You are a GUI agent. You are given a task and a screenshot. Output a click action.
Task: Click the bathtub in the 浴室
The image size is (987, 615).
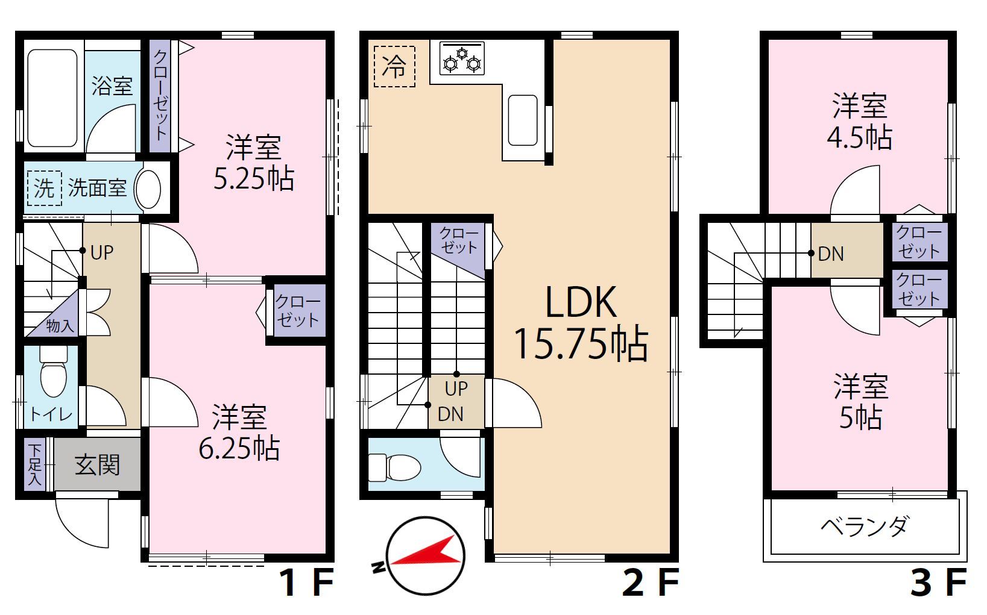(x=52, y=98)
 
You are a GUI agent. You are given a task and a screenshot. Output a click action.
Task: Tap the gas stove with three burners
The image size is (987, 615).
(x=462, y=58)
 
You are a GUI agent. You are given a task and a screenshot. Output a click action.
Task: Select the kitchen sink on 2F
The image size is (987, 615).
(x=523, y=120)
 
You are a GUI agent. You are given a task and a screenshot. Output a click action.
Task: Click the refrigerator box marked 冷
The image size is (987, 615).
(x=394, y=66)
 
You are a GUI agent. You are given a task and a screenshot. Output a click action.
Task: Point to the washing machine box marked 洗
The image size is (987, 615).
(x=44, y=189)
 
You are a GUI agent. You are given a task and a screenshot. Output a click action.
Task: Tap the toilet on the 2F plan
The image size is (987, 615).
(x=394, y=467)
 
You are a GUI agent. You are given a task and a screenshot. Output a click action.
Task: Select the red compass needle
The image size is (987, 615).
(x=425, y=552)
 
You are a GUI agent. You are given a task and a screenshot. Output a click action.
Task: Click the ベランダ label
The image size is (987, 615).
(x=865, y=526)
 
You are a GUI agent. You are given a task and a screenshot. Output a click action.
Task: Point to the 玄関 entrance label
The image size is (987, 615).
(x=98, y=465)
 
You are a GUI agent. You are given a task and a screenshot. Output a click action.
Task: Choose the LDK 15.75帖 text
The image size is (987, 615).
(x=581, y=323)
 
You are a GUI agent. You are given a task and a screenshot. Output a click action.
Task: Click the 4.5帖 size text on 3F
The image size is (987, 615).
(x=859, y=138)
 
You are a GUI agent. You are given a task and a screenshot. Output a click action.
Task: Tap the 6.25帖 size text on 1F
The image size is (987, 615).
(x=239, y=448)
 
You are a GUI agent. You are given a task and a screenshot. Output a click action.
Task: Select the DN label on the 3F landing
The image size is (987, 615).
(x=831, y=254)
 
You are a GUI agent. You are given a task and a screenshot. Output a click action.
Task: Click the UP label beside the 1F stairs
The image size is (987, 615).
(x=102, y=253)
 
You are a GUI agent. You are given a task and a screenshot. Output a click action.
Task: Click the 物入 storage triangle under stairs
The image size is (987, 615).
(x=57, y=320)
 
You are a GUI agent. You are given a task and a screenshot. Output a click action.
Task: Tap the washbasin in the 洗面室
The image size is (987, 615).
(x=148, y=189)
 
